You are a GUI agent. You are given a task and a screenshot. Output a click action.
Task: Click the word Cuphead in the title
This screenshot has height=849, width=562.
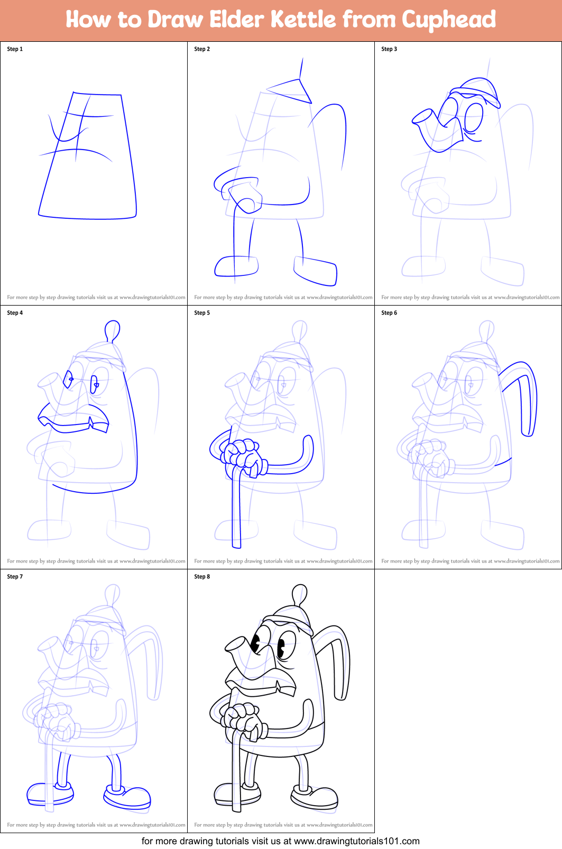[448, 20]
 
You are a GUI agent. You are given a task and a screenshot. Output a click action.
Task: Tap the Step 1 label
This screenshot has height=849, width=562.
[15, 49]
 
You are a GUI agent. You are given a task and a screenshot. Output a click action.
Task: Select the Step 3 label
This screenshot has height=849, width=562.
[389, 49]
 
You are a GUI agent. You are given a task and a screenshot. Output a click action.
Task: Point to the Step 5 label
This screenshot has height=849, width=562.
[202, 313]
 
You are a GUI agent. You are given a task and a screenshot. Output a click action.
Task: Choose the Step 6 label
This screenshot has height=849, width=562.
[389, 313]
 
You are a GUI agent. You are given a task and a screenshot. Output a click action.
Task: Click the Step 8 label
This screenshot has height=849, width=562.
[202, 577]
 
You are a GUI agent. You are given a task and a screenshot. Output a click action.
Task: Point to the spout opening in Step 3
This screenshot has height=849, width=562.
[422, 116]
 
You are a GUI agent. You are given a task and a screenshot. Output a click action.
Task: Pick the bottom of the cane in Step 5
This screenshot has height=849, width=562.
[236, 545]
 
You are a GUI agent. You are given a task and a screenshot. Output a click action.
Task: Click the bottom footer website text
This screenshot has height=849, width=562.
[281, 841]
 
